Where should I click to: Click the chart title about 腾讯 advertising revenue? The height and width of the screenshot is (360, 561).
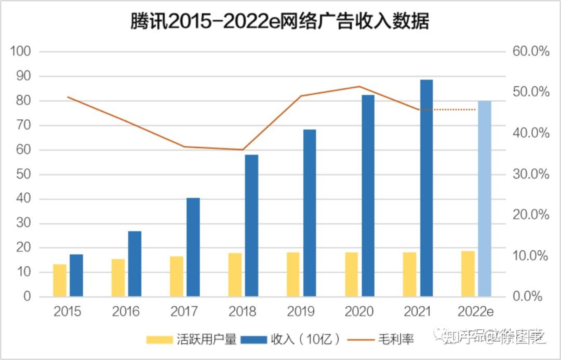point(280,22)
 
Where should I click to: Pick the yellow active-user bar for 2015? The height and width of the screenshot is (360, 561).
point(60,281)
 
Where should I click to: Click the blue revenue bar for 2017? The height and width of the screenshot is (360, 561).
point(193,247)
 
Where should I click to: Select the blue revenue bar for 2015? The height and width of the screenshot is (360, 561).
point(76,275)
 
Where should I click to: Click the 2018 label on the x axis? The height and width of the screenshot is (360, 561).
point(242,311)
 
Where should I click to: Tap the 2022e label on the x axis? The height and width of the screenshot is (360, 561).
point(475,311)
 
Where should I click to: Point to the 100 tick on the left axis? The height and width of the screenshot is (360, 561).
point(21,51)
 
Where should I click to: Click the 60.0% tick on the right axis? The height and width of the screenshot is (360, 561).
point(531,51)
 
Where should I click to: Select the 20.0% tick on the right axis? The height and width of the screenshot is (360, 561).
point(531,215)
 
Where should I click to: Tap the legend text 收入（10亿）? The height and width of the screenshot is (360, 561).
point(306,340)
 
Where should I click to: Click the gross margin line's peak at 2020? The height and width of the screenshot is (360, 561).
point(359,86)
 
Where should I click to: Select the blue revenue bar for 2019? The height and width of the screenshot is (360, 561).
point(310,213)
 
